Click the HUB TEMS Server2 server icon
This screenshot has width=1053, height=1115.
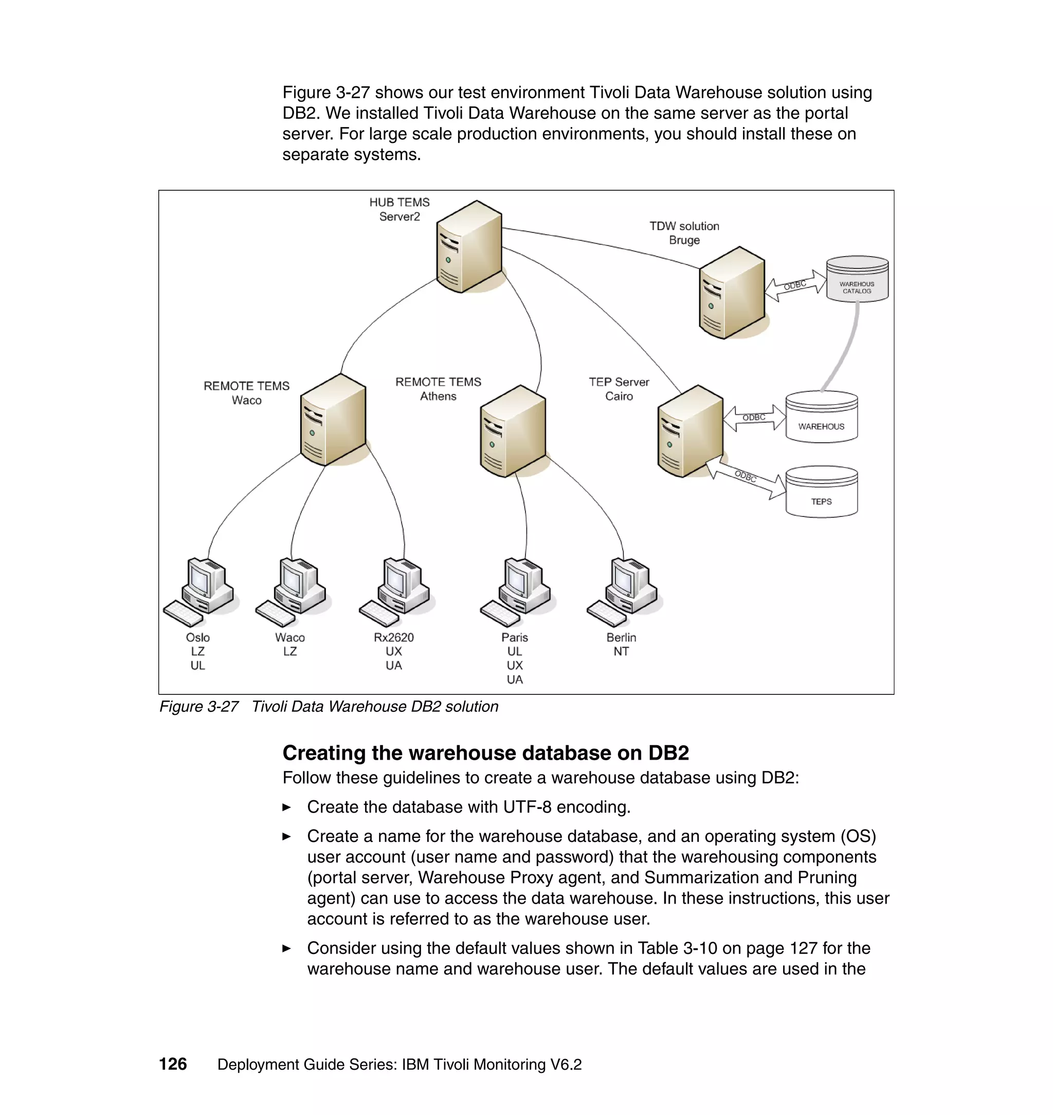(x=469, y=246)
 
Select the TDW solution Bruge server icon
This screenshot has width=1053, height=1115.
(x=731, y=293)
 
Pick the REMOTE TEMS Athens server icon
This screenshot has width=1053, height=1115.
(x=513, y=431)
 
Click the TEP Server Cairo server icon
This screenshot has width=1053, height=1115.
(x=690, y=431)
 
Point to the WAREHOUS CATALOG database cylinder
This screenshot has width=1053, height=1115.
(x=857, y=279)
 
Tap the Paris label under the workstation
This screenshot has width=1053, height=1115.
(x=514, y=637)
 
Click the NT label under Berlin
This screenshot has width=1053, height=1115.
(x=621, y=651)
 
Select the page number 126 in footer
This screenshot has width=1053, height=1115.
(x=173, y=1064)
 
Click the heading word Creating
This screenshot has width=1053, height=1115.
(x=323, y=753)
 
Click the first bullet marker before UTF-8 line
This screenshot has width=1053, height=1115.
(x=287, y=807)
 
